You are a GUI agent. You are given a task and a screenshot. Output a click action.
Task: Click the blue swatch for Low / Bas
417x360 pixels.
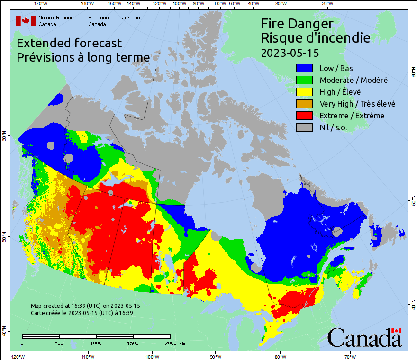(x=305, y=69)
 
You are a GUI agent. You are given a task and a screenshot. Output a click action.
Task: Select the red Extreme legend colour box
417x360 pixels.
(x=305, y=116)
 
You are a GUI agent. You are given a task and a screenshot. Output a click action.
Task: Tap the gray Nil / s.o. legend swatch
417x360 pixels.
(x=305, y=127)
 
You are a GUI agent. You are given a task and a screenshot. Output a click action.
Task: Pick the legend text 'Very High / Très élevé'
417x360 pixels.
(x=357, y=104)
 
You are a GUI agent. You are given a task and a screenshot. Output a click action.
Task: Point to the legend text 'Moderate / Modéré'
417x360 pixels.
(x=354, y=81)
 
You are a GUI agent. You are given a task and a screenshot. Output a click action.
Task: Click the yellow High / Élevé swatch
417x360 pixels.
(x=305, y=92)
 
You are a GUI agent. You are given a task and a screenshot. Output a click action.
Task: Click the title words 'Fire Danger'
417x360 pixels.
(x=297, y=24)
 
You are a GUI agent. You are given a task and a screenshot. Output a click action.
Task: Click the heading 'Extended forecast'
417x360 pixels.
(x=69, y=43)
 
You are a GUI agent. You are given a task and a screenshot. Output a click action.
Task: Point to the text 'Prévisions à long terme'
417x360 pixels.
(x=83, y=57)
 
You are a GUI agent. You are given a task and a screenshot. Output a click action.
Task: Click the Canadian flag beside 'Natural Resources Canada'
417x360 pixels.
(x=26, y=21)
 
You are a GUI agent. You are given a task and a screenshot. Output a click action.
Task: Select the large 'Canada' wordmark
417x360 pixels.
(x=364, y=338)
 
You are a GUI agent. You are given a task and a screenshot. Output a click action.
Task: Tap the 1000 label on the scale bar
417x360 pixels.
(x=96, y=343)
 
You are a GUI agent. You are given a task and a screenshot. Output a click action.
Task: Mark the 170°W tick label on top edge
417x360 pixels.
(x=41, y=4)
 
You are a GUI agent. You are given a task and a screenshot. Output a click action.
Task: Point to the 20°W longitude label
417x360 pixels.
(x=326, y=4)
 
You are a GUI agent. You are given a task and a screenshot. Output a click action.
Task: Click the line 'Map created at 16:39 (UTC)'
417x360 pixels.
(x=85, y=306)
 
